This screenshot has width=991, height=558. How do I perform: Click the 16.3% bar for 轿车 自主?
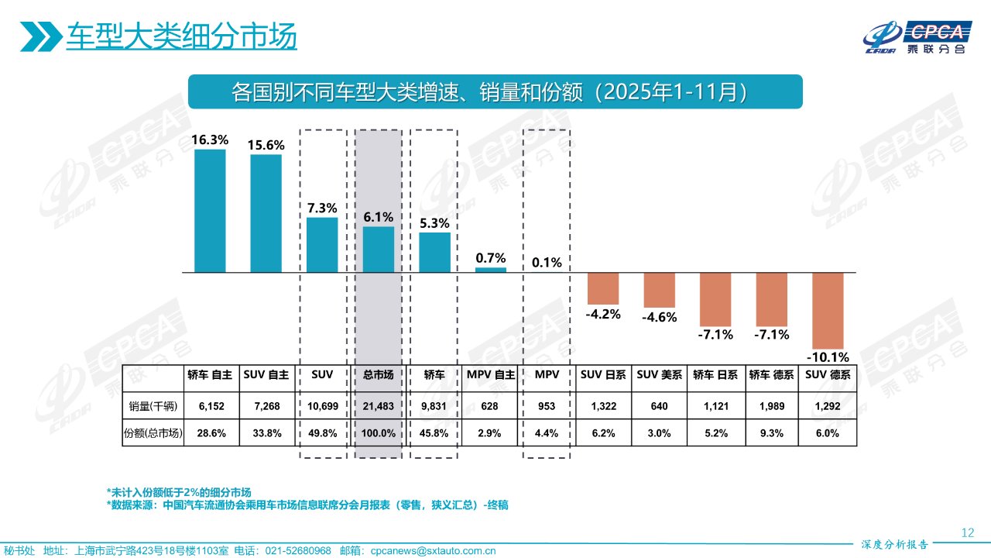click(210, 211)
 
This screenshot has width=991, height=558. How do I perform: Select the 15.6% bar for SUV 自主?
click(266, 214)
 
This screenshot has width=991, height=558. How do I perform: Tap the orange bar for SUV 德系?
click(827, 310)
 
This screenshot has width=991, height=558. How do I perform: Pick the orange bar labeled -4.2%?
click(603, 288)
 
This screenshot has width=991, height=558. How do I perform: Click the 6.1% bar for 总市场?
click(379, 249)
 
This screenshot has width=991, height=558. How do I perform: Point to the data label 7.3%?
click(322, 208)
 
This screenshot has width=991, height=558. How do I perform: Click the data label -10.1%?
click(828, 357)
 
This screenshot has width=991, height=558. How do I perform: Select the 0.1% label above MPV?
click(547, 262)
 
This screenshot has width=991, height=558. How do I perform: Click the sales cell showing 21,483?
click(379, 405)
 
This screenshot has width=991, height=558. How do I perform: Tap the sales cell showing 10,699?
click(322, 405)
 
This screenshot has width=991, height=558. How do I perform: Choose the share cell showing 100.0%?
click(379, 433)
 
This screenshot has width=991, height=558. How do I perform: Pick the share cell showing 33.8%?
click(266, 433)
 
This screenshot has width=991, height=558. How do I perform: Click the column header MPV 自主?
click(491, 374)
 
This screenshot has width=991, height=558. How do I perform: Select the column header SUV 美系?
click(659, 374)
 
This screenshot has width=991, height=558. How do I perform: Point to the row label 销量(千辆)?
click(153, 405)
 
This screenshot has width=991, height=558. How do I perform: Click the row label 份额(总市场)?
click(153, 433)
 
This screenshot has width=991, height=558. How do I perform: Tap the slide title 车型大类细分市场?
click(181, 36)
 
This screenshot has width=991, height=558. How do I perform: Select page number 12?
click(967, 532)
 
